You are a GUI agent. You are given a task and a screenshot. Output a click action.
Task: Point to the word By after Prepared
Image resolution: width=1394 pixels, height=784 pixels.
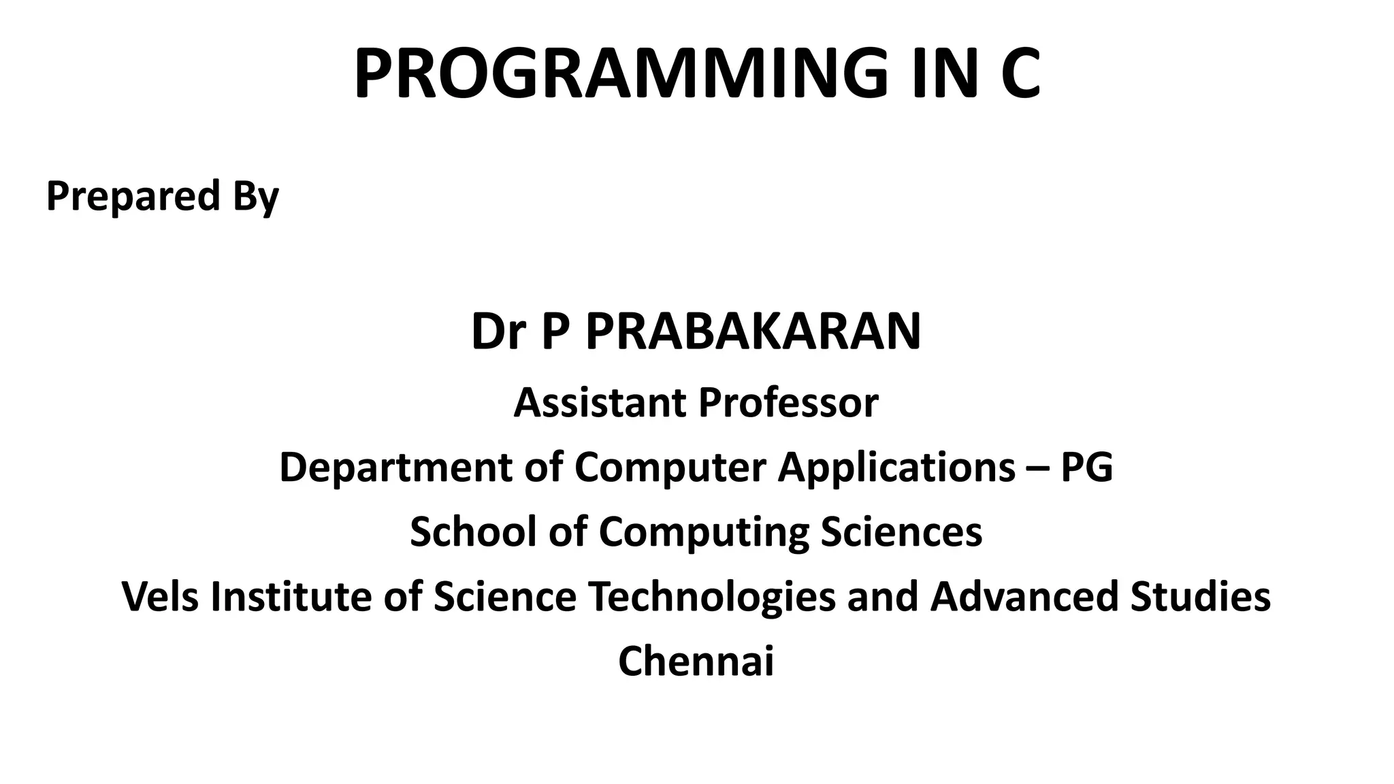click(256, 197)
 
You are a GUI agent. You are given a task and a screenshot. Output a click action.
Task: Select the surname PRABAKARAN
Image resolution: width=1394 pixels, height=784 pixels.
click(753, 332)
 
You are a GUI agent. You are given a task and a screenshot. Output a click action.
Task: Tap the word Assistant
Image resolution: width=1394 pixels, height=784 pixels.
click(602, 403)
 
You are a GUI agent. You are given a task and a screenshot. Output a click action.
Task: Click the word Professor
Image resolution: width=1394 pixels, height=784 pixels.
click(788, 403)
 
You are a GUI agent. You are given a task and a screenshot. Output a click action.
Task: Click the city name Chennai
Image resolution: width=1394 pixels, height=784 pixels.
click(696, 661)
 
